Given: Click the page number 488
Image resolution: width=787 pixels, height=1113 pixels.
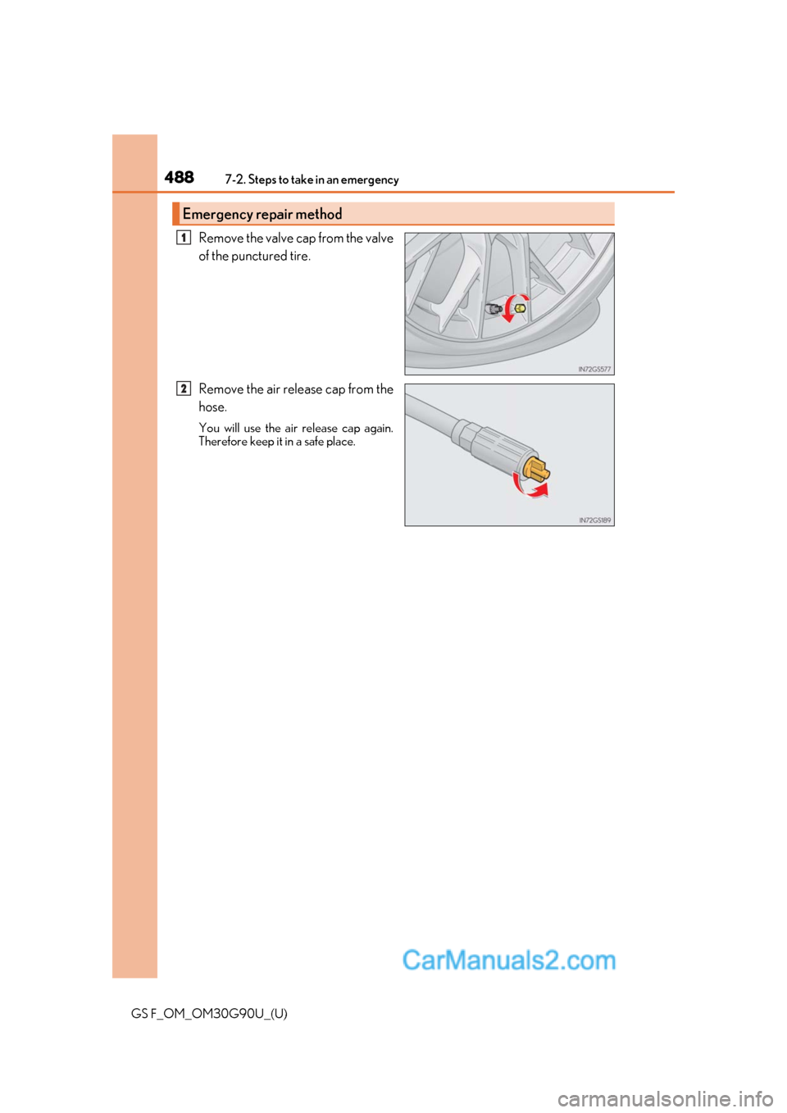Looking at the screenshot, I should (x=179, y=177).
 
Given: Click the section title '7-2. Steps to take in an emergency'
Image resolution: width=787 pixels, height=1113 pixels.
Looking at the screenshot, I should (x=312, y=179).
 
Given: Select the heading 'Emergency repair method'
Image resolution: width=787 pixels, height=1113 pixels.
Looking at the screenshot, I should (x=262, y=214).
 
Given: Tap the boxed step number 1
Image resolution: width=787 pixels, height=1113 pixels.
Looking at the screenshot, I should (x=184, y=238).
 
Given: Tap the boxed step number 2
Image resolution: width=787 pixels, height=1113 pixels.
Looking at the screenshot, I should (x=184, y=388).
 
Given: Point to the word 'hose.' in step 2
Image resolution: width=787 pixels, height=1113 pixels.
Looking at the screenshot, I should (x=212, y=407).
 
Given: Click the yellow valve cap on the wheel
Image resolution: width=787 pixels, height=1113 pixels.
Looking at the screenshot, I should (x=520, y=309).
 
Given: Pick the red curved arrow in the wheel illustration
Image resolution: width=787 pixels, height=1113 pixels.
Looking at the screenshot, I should (x=511, y=307).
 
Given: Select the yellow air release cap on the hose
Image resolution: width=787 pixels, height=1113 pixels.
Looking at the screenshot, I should (x=537, y=471).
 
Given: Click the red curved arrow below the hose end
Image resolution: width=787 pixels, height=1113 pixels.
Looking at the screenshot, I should (x=530, y=489).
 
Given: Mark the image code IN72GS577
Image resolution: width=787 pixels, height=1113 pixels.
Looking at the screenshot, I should (x=594, y=370).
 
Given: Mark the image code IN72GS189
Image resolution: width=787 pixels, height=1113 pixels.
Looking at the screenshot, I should (x=594, y=520).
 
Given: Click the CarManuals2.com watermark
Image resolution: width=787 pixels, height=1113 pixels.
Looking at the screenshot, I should (x=508, y=960).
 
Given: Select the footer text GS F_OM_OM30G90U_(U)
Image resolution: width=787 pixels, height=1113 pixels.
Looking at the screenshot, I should (x=209, y=1013).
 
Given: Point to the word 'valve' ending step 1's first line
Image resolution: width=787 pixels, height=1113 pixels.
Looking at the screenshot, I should (x=380, y=238).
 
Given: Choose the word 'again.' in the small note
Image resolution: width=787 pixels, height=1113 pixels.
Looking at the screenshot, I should (x=379, y=428).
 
